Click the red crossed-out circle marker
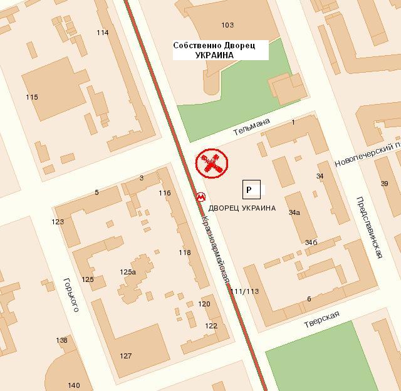pos(212,164)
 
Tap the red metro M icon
pos(200,196)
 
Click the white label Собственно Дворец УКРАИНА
pos(220,50)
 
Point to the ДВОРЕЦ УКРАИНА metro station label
pos(242,208)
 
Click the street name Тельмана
pos(251,127)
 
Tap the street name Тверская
pos(321,319)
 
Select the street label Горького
pos(71,295)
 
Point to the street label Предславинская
pos(370,227)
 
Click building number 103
pos(227,25)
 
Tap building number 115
pos(32,97)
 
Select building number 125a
pos(128,272)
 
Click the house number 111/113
pos(244,291)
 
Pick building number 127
pos(126,356)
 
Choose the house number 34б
pos(311,242)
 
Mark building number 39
pos(385,183)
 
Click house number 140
pos(74,385)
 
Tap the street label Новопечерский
pos(367,154)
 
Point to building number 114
pos(103,33)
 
